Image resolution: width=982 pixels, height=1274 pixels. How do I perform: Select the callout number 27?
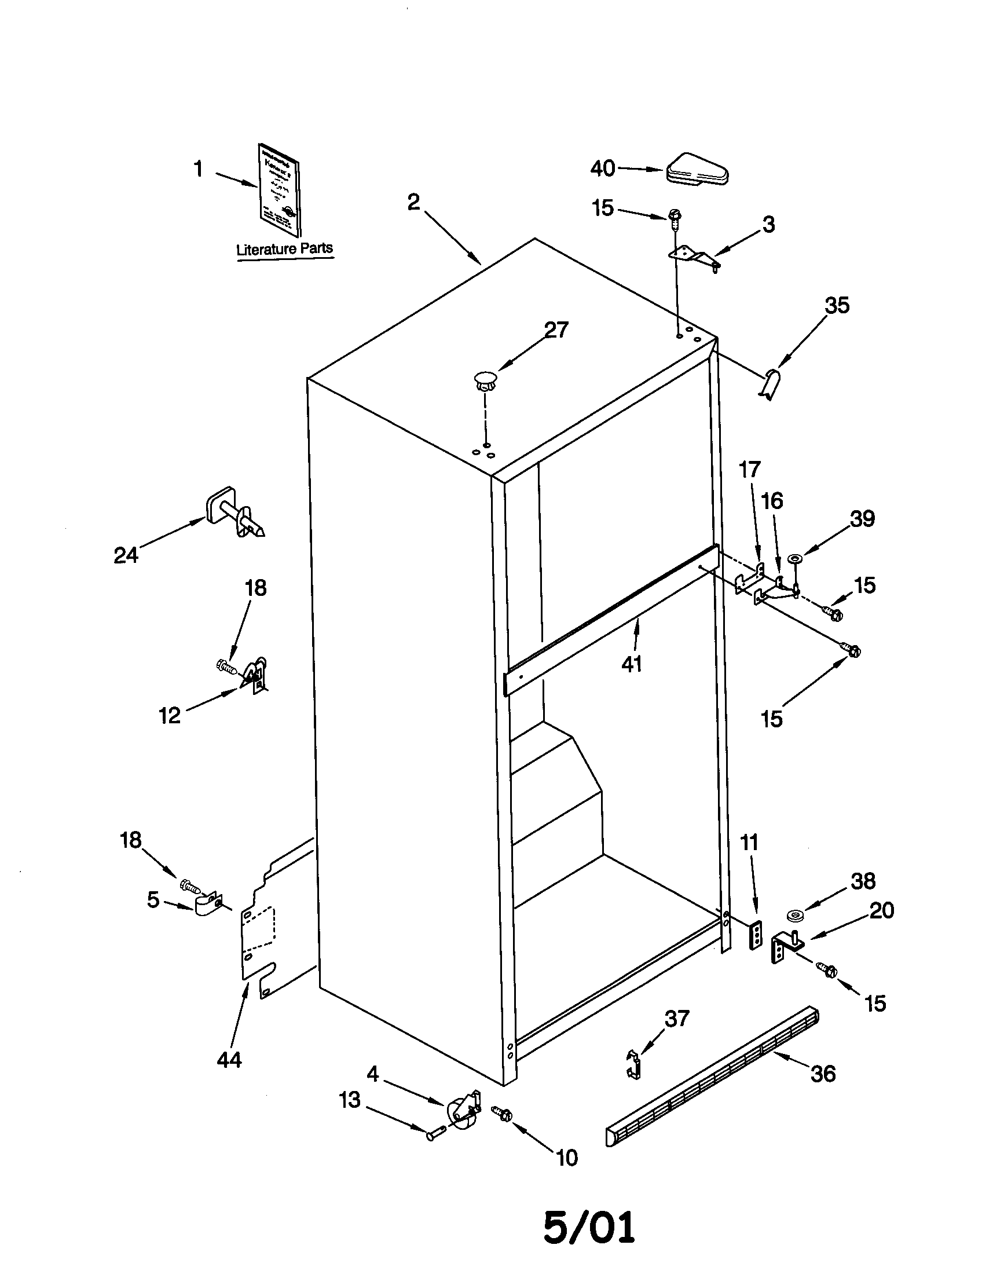click(x=556, y=330)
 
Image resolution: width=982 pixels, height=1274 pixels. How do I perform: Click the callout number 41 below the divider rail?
click(x=632, y=664)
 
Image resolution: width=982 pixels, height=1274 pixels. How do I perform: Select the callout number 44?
click(x=229, y=1059)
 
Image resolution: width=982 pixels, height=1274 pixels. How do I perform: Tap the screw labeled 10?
click(x=502, y=1114)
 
